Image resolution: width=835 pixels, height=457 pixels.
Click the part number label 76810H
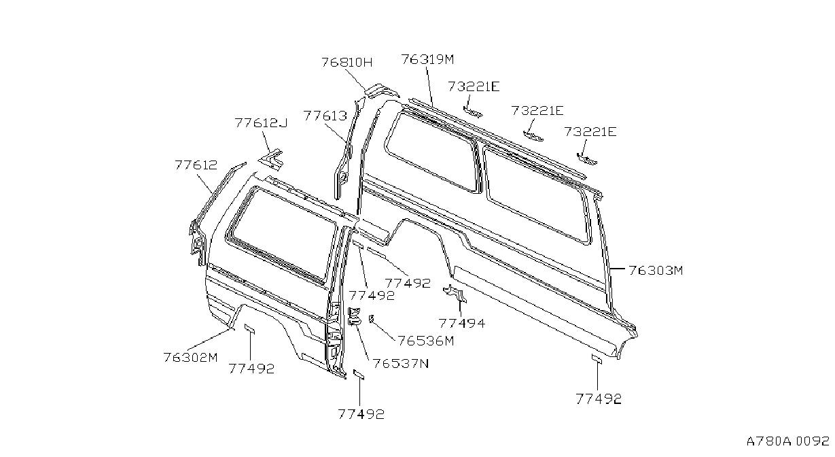click(347, 62)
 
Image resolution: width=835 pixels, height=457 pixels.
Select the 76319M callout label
click(427, 59)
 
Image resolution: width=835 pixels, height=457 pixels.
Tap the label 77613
click(325, 116)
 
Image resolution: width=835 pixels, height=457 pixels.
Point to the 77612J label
click(262, 122)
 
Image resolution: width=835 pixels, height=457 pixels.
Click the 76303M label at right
click(656, 270)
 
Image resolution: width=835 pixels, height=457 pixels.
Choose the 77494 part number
click(462, 323)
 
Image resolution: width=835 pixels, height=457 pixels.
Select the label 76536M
click(426, 341)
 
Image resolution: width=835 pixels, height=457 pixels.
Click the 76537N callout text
click(401, 363)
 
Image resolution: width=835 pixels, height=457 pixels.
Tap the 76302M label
click(190, 358)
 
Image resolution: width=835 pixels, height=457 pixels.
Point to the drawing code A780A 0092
click(788, 441)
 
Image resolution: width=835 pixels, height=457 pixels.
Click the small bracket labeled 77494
click(455, 294)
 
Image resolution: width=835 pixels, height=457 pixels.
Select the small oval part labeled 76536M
click(371, 318)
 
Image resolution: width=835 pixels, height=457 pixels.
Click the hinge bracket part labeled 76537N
click(354, 316)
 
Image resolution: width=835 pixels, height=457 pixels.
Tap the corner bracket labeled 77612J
click(271, 159)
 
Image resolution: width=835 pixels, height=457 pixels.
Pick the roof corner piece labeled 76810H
click(380, 90)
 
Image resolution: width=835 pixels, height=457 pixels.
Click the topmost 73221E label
click(474, 86)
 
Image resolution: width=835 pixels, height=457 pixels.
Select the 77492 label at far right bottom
click(599, 399)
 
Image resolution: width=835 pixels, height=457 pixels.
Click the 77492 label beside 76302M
click(251, 369)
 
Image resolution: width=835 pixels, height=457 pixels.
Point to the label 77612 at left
click(196, 165)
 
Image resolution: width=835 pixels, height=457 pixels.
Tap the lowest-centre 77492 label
click(361, 414)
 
